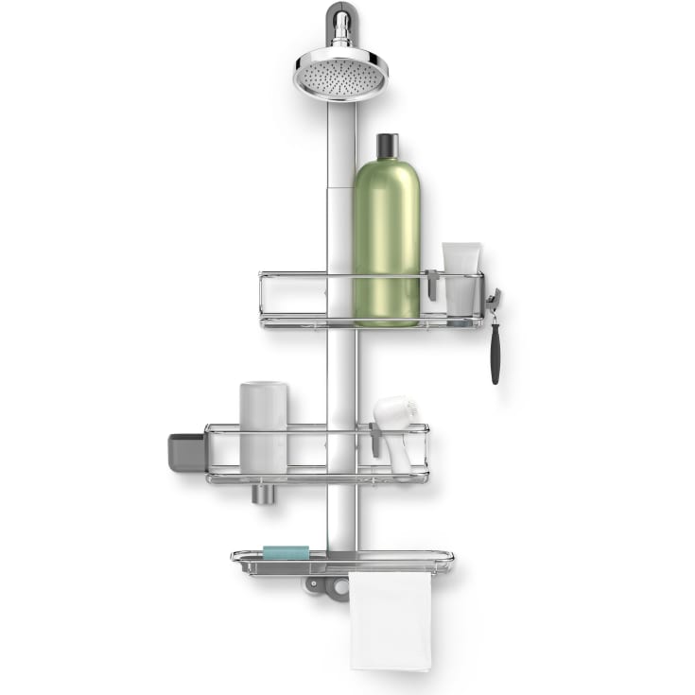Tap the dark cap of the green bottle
[387, 148]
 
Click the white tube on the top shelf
[461, 278]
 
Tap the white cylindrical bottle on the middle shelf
[263, 426]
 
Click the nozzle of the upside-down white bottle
[262, 492]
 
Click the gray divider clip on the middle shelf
[375, 441]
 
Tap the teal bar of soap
[286, 552]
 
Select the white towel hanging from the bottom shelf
[390, 619]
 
